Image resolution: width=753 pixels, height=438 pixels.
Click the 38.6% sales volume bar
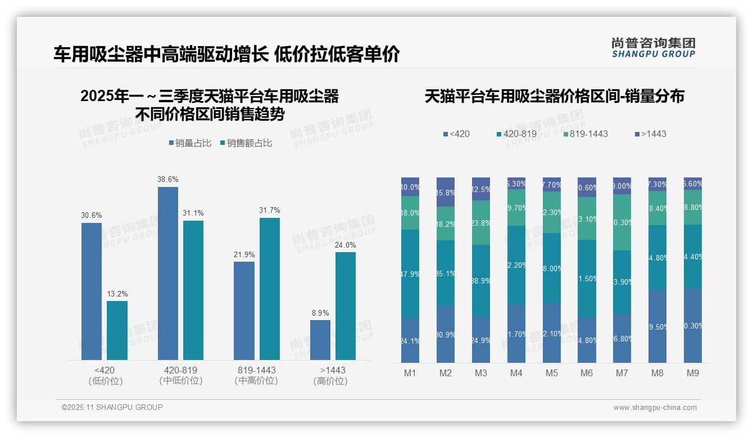168,273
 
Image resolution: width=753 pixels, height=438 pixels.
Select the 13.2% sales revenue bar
117,330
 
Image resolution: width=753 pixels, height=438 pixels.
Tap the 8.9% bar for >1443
320,340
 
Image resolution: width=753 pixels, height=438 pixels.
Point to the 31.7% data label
270,211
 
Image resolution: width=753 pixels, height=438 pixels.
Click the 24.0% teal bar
346,306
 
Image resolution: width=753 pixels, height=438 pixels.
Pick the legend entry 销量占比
190,143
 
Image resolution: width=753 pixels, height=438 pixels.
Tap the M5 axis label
551,373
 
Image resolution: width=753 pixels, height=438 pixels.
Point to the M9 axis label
692,373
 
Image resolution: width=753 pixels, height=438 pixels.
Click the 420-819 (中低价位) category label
180,376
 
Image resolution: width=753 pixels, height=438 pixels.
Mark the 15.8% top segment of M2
446,192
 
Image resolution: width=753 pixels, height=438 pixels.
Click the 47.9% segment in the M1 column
410,274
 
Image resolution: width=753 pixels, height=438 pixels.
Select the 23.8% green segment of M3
481,222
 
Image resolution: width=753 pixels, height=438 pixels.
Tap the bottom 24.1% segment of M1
410,340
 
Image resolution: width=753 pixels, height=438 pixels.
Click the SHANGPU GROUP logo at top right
653,48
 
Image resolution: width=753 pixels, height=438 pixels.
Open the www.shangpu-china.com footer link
655,408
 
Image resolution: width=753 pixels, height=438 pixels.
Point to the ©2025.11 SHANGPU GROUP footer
112,407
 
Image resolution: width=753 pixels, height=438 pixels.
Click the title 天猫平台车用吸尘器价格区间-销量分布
554,97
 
